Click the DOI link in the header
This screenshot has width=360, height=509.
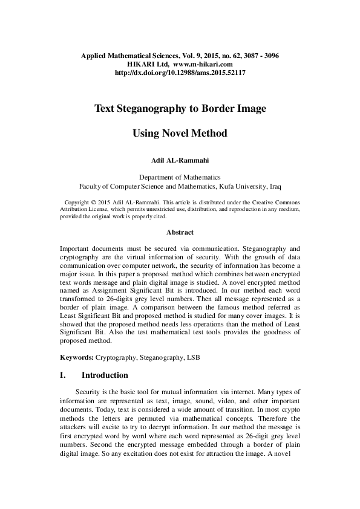(180, 73)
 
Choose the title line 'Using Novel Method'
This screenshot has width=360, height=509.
(180, 134)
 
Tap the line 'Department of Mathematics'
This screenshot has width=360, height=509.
(180, 177)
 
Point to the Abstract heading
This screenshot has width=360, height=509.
(180, 232)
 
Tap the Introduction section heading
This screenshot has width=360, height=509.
(105, 375)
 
